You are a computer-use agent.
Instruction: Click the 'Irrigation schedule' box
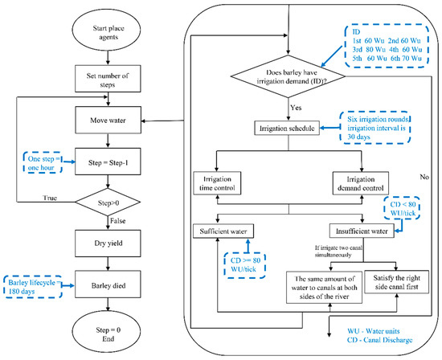click(x=284, y=128)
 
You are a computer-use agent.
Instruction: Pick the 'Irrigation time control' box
click(x=218, y=182)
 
